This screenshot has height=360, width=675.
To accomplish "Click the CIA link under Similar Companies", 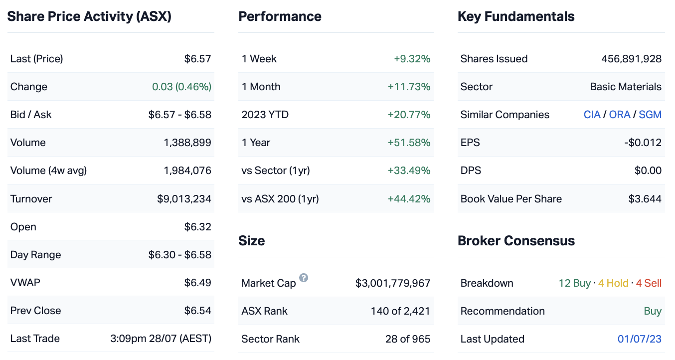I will point(592,115).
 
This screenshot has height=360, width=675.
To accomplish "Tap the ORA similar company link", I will point(620,115).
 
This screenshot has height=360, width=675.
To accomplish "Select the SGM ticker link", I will point(650,115).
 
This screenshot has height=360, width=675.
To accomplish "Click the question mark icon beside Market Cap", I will point(304,278).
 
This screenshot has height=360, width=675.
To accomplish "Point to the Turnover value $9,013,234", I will point(184,199).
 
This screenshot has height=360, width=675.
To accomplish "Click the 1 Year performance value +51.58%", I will point(409,143).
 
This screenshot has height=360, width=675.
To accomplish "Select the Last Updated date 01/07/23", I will point(640,339).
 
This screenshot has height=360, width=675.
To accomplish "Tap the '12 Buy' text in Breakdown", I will point(574,283).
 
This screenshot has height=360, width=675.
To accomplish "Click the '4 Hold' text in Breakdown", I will point(613,283).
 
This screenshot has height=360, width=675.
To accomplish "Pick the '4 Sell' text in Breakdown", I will point(649,283).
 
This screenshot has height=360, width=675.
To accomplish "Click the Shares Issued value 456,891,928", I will point(631,59).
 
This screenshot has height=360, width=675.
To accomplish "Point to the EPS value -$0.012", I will point(643,143).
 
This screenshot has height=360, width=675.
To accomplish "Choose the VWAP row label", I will point(25,283).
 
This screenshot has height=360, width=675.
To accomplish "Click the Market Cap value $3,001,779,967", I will point(392,283).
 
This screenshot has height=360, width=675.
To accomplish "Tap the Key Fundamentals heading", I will point(516,16).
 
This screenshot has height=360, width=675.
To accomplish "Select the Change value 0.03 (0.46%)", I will point(181,87).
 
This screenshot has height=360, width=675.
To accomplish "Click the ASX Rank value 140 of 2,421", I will point(400,311).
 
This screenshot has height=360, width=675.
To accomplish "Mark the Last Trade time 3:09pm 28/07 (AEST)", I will point(161,339).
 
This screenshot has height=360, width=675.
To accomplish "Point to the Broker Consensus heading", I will point(516,241).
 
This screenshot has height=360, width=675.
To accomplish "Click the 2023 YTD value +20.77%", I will point(409,115).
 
